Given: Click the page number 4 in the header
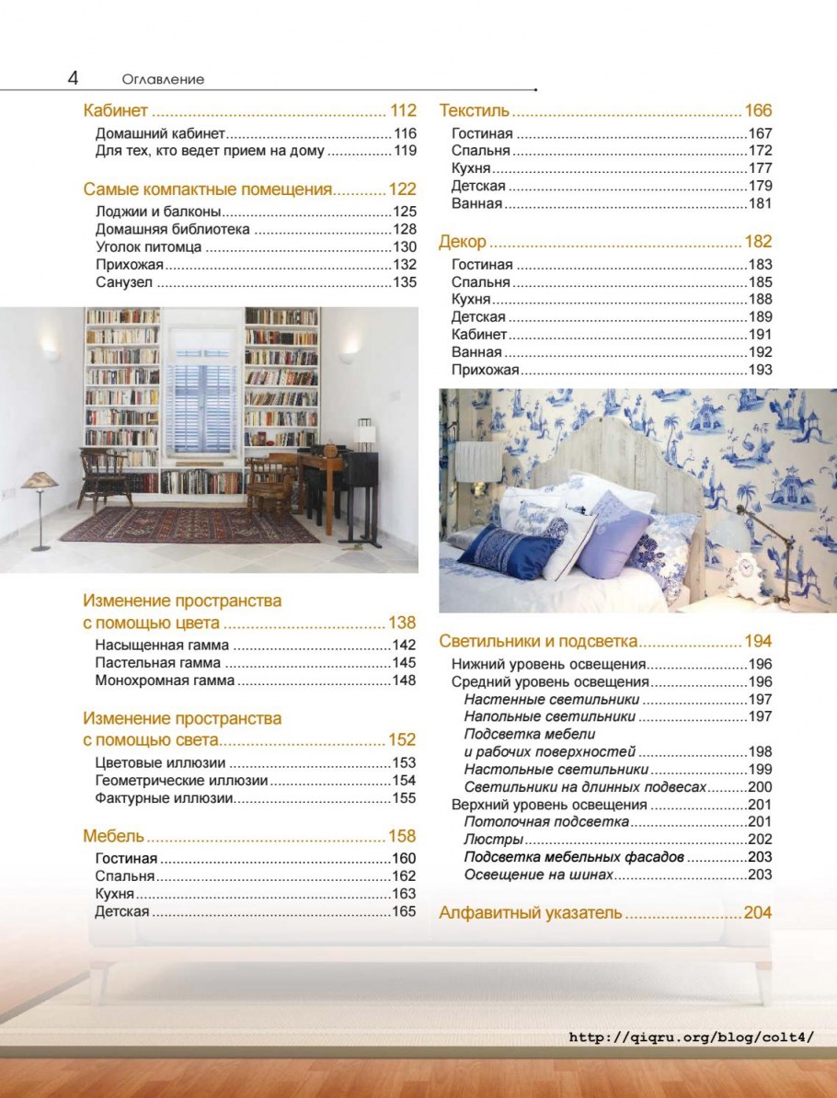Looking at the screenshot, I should [x=73, y=78].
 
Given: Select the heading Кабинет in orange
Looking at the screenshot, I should [x=115, y=111].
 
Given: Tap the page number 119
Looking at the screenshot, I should [x=405, y=151].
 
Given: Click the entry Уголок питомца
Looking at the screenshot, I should [x=148, y=247].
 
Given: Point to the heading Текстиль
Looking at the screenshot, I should [x=474, y=111].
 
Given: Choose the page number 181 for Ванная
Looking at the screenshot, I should [x=760, y=204].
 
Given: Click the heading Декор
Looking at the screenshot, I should [x=462, y=243].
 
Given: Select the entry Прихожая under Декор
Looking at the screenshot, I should [x=486, y=370].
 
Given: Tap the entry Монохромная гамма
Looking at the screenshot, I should [x=165, y=681].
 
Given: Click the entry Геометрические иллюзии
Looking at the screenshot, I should [x=181, y=781].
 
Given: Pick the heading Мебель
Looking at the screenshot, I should [x=113, y=836].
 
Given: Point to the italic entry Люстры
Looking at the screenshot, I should [x=494, y=840].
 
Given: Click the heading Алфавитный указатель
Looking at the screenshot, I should [x=531, y=913].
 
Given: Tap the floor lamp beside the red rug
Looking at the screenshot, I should [x=40, y=506].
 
